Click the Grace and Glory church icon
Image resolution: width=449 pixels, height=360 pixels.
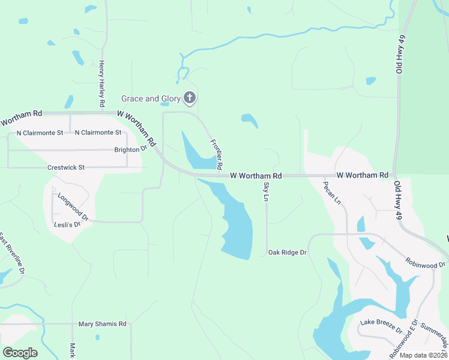tap(190, 98)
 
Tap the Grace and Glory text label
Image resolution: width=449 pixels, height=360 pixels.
tap(151, 98)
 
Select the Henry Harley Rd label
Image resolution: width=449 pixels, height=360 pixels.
tap(102, 85)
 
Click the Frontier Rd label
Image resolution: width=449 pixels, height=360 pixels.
tap(217, 154)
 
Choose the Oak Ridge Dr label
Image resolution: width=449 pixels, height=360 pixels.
tap(287, 253)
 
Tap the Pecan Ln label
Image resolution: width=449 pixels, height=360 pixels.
tap(332, 193)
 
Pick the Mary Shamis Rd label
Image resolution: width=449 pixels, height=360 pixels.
tap(103, 324)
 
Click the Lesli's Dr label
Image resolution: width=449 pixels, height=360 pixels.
tap(68, 224)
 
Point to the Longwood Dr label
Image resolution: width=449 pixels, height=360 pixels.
tap(73, 207)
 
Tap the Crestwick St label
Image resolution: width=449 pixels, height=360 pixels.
tap(66, 168)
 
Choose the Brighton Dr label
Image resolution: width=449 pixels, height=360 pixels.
tap(130, 149)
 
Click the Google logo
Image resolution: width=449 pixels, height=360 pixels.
tap(20, 352)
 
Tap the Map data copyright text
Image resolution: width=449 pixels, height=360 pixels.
tap(423, 355)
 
